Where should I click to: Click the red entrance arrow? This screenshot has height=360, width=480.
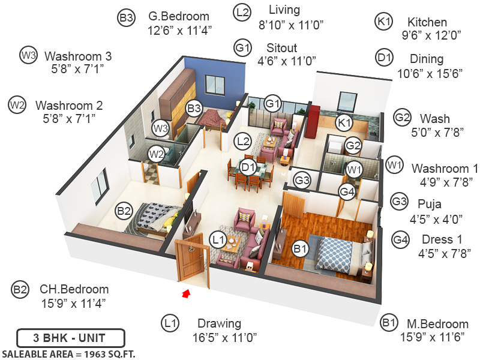tap(186, 293)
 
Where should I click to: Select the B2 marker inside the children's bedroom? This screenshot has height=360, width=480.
tap(124, 211)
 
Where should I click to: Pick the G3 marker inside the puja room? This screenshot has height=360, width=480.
tap(302, 179)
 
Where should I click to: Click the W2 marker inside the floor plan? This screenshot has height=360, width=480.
tap(157, 154)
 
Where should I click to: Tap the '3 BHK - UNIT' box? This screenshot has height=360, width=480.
tap(70, 337)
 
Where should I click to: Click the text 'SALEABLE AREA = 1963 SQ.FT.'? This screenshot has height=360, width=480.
tap(69, 353)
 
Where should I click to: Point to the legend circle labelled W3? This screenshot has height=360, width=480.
tap(28, 55)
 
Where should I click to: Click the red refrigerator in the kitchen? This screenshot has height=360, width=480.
tap(312, 120)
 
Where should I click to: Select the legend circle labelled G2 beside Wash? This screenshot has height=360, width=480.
tap(401, 118)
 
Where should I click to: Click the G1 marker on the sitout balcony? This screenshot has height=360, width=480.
tap(273, 103)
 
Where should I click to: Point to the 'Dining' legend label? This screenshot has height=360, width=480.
tap(427, 59)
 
